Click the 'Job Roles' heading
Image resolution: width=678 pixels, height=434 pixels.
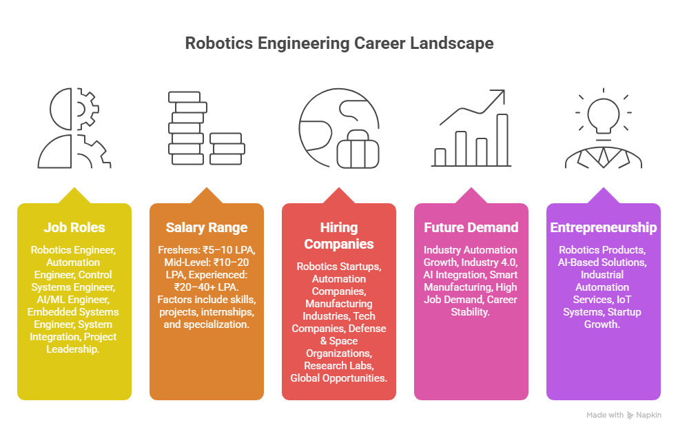tap(74, 227)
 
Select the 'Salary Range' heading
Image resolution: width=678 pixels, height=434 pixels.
tap(207, 227)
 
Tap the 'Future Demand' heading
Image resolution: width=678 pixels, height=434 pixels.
tap(471, 227)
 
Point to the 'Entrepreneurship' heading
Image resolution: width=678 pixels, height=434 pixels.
tap(603, 227)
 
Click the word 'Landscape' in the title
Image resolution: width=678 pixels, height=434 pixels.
tap(452, 43)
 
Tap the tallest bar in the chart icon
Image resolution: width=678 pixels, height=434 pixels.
tap(502, 140)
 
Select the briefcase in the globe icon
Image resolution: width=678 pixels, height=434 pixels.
tap(358, 149)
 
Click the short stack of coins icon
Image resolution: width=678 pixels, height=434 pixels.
tap(227, 149)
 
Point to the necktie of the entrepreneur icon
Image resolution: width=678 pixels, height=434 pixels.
tap(603, 157)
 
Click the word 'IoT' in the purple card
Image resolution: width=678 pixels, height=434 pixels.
tap(624, 300)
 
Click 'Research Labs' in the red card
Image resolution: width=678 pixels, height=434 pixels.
tap(338, 366)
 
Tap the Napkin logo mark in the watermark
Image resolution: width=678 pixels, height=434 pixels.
tap(630, 415)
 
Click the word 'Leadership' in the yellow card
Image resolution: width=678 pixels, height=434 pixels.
tap(72, 349)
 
